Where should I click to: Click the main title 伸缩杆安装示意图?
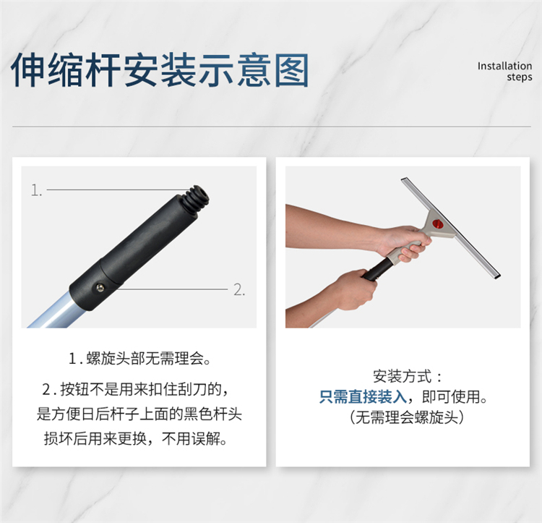160,70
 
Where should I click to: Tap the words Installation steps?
504,71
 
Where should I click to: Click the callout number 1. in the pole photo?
36,190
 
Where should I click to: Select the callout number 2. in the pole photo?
239,289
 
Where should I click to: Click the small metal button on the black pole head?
100,287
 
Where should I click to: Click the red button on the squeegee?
438,224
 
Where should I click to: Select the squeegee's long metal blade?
451,229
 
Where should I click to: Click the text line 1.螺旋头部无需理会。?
139,358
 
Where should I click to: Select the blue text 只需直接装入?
363,396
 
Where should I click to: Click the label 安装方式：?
408,376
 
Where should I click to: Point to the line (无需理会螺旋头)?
406,417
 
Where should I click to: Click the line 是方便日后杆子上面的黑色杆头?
139,414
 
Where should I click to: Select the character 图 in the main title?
291,70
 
